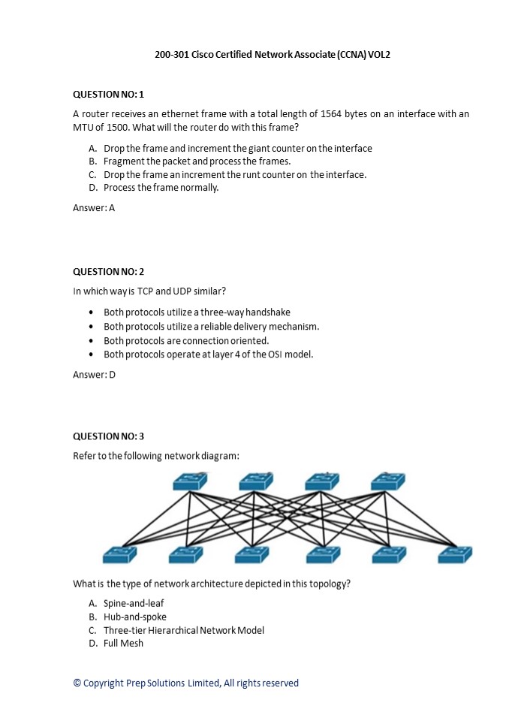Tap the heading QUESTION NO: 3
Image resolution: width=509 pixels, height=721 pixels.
(x=108, y=436)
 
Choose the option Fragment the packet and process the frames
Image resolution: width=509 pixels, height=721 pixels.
(x=197, y=161)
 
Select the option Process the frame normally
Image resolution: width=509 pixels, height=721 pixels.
(x=161, y=188)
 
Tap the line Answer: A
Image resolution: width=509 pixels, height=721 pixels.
(x=94, y=208)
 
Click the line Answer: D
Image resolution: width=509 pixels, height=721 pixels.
(x=94, y=374)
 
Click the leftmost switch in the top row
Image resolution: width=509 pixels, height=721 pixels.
(x=189, y=481)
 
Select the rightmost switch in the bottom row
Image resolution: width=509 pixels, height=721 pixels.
(x=455, y=554)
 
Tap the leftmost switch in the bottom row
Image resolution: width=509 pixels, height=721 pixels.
(x=120, y=554)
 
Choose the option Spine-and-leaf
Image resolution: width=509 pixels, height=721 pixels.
(x=134, y=603)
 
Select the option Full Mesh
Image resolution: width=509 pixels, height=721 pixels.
(x=123, y=644)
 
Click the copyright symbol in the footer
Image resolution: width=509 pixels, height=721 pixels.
(x=77, y=683)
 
